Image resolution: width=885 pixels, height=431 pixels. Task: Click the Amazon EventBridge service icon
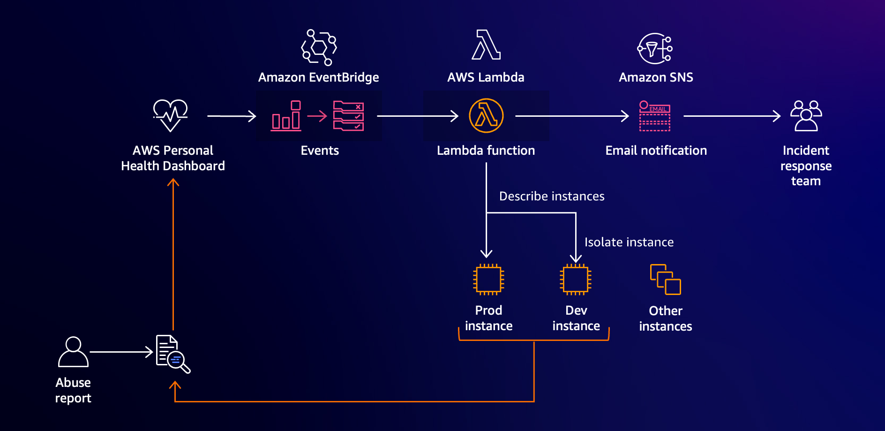[x=319, y=47]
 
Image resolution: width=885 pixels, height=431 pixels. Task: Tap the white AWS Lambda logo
[x=486, y=45]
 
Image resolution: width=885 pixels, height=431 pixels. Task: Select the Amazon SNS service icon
[x=655, y=48]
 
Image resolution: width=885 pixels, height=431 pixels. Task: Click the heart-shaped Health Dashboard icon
[x=171, y=115]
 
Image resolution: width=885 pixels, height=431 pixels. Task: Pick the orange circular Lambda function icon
[x=486, y=116]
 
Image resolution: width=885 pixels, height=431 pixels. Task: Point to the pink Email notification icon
[x=655, y=116]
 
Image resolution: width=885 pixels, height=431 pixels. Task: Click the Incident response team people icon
[x=806, y=116]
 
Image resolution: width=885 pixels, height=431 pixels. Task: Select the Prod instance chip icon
[x=488, y=280]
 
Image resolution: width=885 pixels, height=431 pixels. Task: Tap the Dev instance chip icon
[x=576, y=280]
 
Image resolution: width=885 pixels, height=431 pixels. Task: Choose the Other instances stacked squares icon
[x=665, y=280]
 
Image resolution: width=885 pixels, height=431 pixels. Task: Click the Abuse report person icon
[x=73, y=352]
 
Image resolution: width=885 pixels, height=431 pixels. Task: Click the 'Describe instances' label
[x=552, y=196]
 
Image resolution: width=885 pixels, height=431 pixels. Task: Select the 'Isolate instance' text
[x=629, y=242]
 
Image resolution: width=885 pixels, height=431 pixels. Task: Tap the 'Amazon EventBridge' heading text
[x=319, y=77]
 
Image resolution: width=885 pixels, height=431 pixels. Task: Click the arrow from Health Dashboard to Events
[x=232, y=116]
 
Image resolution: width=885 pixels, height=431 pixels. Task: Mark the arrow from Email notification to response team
[x=732, y=116]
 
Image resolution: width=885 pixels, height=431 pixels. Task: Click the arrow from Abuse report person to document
[x=121, y=352]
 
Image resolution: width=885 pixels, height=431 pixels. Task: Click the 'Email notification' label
[x=656, y=151]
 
